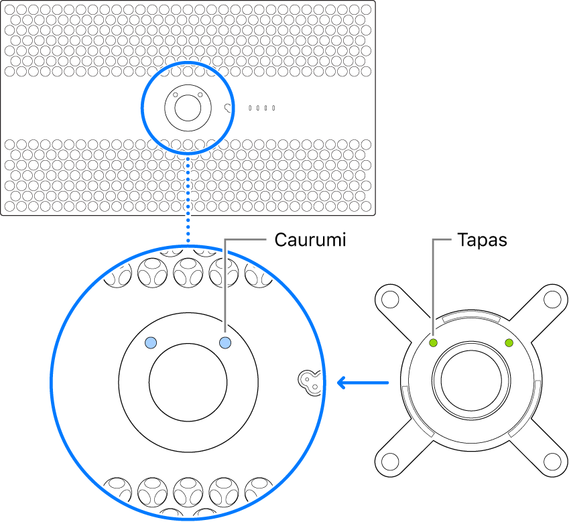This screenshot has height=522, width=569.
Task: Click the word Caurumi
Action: pos(310,241)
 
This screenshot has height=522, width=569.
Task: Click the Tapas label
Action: pos(482,241)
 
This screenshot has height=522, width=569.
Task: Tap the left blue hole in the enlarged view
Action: pos(151,343)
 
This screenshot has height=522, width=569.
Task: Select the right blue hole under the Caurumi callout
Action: pos(225,343)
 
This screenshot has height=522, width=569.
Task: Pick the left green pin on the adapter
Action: pos(434,343)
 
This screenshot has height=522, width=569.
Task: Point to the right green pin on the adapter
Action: pos(509,343)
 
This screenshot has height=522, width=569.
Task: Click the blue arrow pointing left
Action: pos(362,383)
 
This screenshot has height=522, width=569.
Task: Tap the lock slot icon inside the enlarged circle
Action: pos(309,381)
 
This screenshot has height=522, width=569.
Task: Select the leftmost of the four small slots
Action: pos(251,107)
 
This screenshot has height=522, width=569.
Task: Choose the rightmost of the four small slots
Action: pos(273,107)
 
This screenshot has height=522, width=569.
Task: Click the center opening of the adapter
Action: pos(471,383)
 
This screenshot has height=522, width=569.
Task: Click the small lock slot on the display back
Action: pos(229,107)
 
